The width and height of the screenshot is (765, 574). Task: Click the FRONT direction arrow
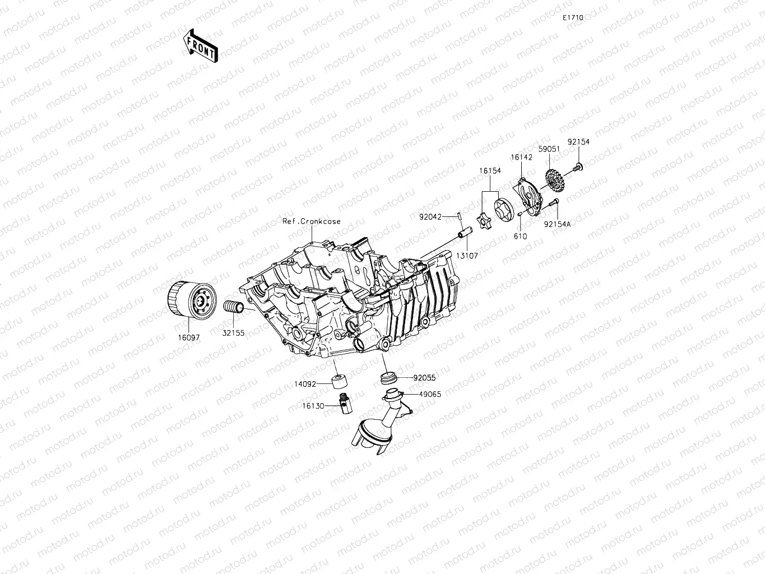(200, 45)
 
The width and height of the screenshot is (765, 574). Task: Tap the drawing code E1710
(573, 18)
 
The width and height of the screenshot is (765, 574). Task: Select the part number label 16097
(188, 337)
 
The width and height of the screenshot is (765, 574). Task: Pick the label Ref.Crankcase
(311, 221)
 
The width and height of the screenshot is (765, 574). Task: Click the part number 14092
(305, 385)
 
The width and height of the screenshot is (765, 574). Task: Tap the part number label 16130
(313, 406)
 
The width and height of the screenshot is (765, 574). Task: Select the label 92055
(424, 378)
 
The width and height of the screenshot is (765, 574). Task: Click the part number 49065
(430, 394)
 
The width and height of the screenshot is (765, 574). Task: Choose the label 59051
(548, 150)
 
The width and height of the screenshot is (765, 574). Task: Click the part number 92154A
(557, 224)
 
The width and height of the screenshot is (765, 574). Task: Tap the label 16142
(521, 158)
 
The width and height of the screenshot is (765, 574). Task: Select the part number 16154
(490, 170)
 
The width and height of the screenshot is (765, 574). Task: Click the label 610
(520, 237)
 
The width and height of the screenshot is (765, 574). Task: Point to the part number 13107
(467, 256)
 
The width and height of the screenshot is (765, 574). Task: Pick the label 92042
(430, 216)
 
